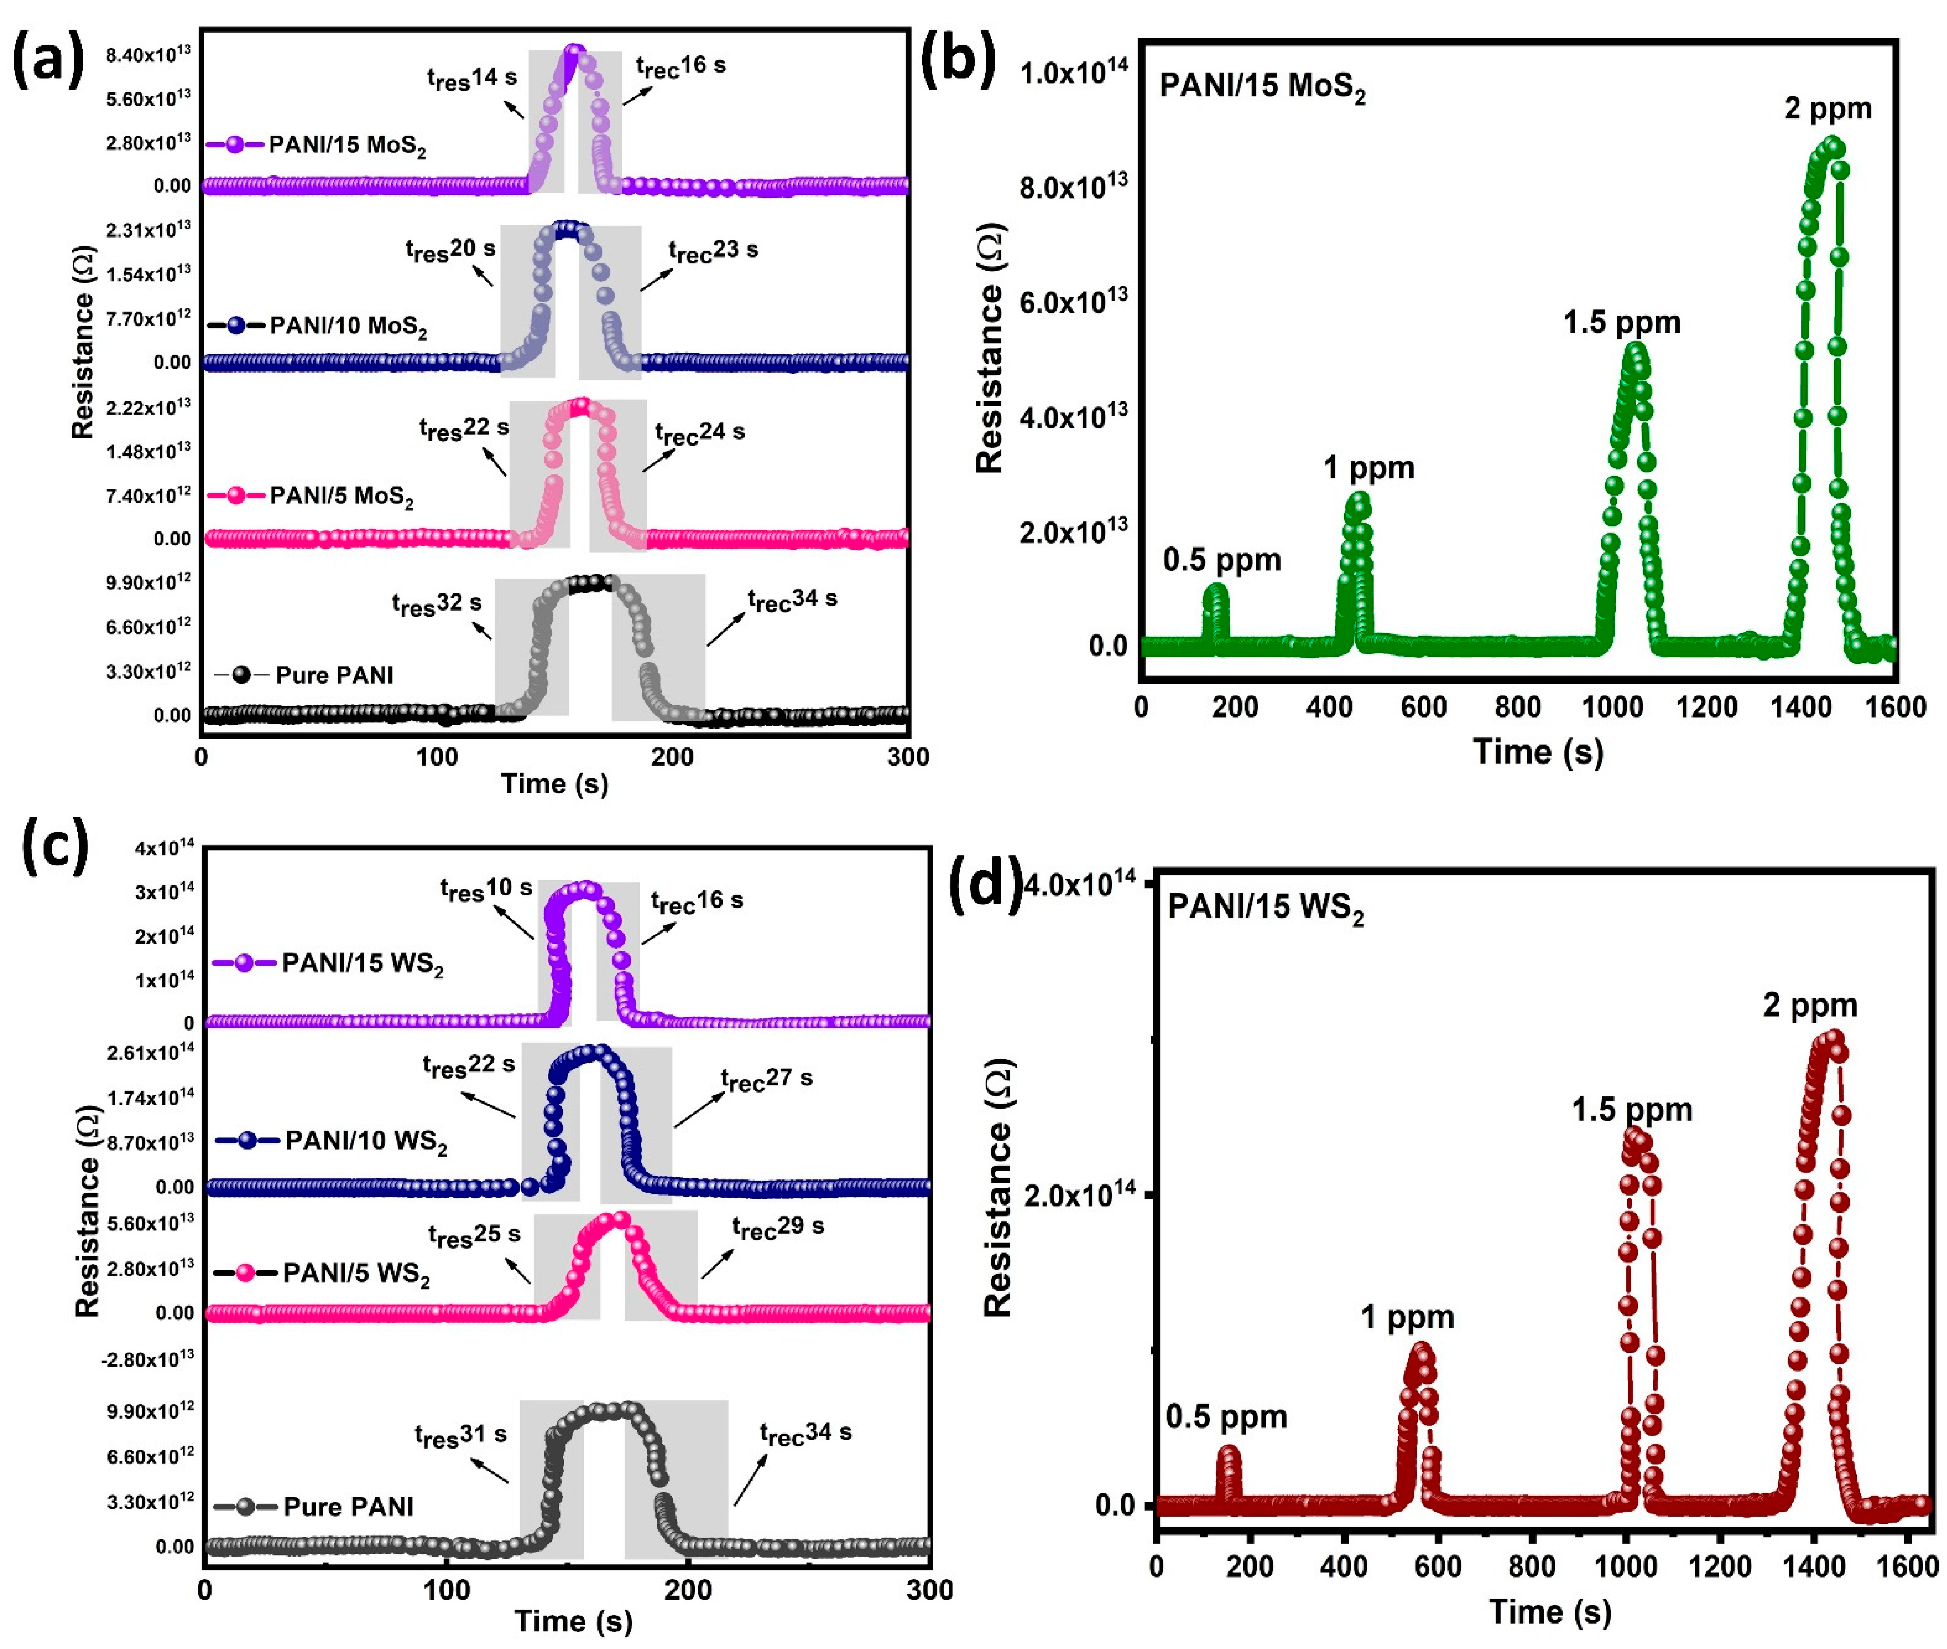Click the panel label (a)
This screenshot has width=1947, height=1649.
click(x=47, y=58)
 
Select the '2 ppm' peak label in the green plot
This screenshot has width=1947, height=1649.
click(x=1827, y=108)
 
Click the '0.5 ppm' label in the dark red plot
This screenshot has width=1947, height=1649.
click(x=1225, y=1417)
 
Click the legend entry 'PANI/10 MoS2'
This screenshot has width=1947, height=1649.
click(x=318, y=326)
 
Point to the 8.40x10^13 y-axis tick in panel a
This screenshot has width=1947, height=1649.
click(x=148, y=54)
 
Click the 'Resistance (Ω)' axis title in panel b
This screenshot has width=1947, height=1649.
click(x=989, y=348)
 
